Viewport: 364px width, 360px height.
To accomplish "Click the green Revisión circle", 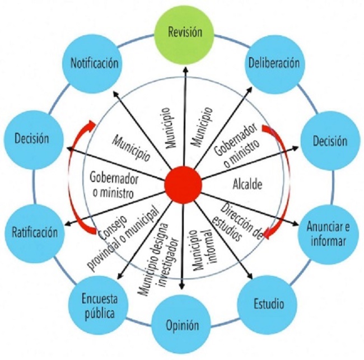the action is [x=184, y=32].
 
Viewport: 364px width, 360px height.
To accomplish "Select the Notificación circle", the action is [x=94, y=63].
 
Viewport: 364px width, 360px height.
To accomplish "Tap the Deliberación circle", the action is [x=274, y=63].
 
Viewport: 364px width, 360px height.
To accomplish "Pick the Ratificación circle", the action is [x=34, y=233].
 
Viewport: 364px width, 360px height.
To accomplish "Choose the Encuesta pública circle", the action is [x=99, y=306].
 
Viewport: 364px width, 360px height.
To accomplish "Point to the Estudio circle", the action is [x=269, y=303].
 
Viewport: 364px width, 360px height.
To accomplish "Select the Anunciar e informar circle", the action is [x=328, y=233].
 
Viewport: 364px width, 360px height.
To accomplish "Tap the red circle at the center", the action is [x=183, y=185].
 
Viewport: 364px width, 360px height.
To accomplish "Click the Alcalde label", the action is [x=247, y=184].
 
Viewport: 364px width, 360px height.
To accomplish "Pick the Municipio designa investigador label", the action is [x=158, y=259].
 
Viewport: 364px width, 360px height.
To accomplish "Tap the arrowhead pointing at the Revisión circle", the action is [x=185, y=68].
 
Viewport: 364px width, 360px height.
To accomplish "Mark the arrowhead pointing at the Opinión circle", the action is [x=183, y=286].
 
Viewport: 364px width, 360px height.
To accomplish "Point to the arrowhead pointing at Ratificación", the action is [x=68, y=223].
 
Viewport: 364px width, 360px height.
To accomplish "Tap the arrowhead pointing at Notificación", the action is [x=115, y=93].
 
